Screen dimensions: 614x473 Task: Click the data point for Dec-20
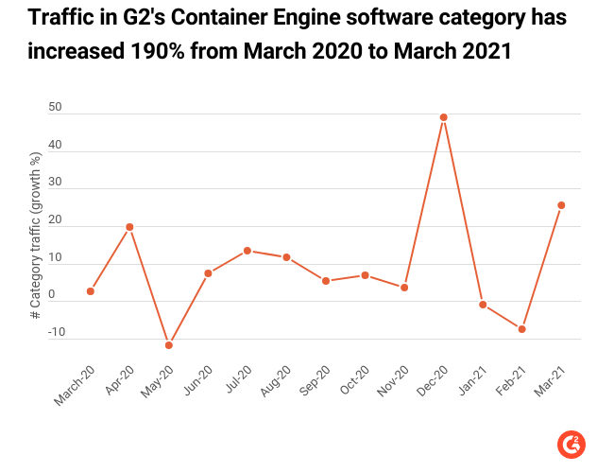pos(444,117)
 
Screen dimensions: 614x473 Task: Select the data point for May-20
pos(169,345)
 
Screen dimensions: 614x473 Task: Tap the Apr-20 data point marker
pos(129,227)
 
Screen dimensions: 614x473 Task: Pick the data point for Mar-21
pos(561,205)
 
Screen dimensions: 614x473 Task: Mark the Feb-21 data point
pos(522,329)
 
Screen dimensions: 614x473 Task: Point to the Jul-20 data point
pos(247,251)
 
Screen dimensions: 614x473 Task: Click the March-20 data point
pos(91,291)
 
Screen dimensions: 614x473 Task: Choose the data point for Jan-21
pos(483,305)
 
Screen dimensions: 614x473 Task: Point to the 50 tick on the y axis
pos(55,107)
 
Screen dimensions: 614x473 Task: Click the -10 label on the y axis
pos(57,332)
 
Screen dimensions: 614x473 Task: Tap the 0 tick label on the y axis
pos(52,294)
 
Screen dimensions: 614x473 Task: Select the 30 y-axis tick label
pos(55,182)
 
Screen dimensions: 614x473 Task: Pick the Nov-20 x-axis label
pos(393,380)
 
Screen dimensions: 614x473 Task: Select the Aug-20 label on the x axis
pos(276,380)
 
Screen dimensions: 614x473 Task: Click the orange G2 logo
pos(571,445)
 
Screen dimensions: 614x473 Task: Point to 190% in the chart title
pos(158,51)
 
